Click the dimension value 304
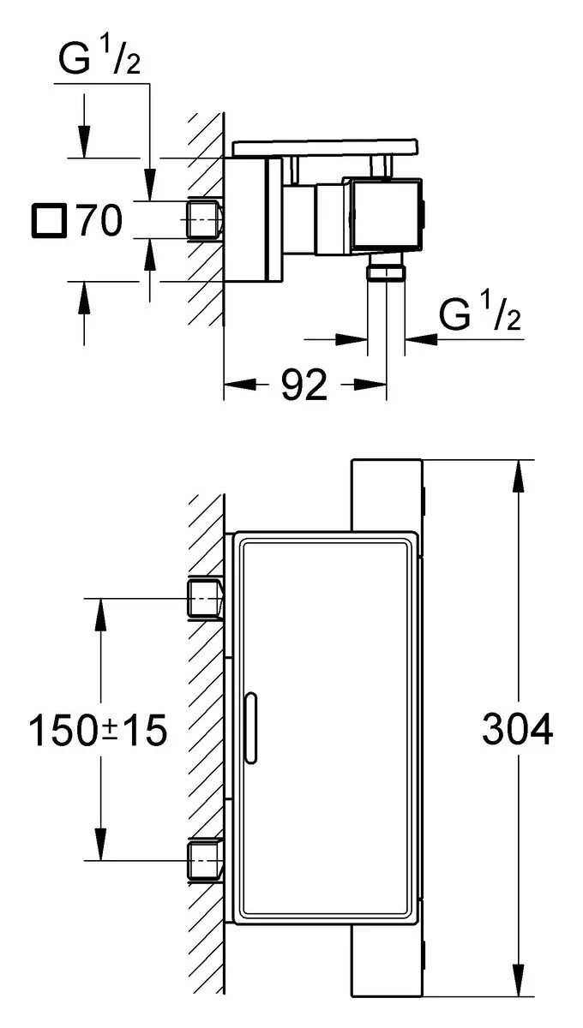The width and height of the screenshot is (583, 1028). click(x=518, y=730)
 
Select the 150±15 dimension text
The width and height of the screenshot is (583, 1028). click(x=97, y=731)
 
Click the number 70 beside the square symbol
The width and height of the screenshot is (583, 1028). click(x=99, y=222)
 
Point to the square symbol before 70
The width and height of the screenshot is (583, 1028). click(x=48, y=222)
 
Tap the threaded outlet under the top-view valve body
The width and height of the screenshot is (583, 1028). click(x=386, y=272)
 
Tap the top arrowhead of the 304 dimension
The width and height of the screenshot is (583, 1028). click(x=519, y=475)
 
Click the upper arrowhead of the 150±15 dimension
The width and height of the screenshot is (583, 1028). click(x=101, y=612)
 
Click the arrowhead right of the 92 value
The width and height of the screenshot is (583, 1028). click(x=369, y=386)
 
